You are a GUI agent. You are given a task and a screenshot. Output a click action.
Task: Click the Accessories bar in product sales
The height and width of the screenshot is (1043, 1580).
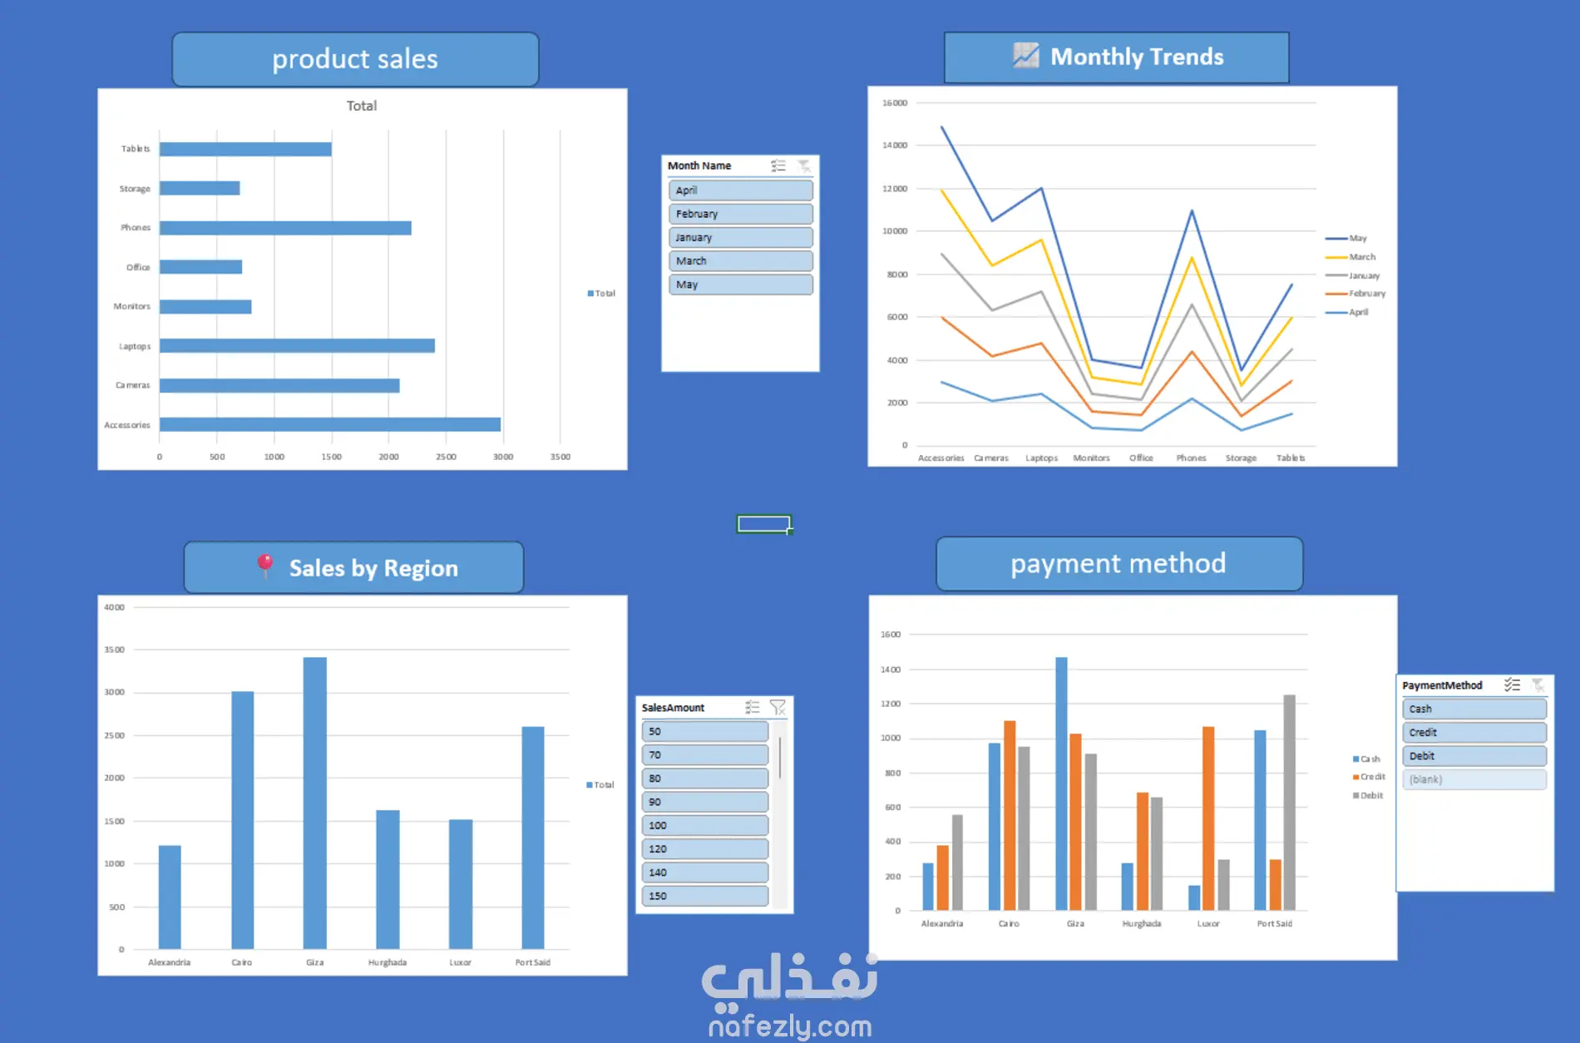coord(329,424)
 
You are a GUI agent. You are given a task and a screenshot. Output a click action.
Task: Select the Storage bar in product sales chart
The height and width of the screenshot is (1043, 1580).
coord(200,188)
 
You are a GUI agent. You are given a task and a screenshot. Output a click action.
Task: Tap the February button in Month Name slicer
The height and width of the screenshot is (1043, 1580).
coord(740,214)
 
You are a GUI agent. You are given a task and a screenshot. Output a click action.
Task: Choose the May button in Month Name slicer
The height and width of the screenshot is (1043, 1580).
coord(740,284)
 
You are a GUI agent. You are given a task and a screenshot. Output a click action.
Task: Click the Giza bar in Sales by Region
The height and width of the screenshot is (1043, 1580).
coord(314,803)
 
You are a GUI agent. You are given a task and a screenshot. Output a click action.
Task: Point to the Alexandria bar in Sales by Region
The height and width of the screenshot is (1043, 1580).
coord(170,897)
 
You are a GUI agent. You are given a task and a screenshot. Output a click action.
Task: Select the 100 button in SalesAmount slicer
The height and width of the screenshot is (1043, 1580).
coord(704,825)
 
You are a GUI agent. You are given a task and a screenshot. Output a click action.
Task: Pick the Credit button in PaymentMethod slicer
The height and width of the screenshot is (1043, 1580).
coord(1474,733)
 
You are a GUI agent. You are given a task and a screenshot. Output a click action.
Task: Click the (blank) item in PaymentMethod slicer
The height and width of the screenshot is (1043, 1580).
coord(1474,779)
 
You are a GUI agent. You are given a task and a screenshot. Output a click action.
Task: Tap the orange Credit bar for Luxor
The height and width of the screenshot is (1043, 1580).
coord(1208,818)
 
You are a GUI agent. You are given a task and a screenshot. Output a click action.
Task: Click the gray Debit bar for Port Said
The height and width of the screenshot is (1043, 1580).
coord(1289,803)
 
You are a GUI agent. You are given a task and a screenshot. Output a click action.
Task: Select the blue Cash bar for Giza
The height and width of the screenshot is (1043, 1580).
coord(1061,783)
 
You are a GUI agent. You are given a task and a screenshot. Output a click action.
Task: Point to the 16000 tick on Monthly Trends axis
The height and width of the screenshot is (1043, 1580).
coord(895,103)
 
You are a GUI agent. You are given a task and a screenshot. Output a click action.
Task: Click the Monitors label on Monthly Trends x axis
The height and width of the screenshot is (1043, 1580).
coord(1091,458)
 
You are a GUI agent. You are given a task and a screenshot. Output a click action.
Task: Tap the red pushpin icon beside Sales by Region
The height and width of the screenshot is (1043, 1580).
coord(265,566)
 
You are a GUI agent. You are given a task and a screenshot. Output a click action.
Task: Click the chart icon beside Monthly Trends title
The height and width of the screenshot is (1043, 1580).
coord(1026,56)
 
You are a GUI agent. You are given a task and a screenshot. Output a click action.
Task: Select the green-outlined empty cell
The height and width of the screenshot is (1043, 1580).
coord(763,523)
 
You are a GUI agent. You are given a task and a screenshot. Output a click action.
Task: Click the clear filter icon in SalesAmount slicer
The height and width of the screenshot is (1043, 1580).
coord(778,707)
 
